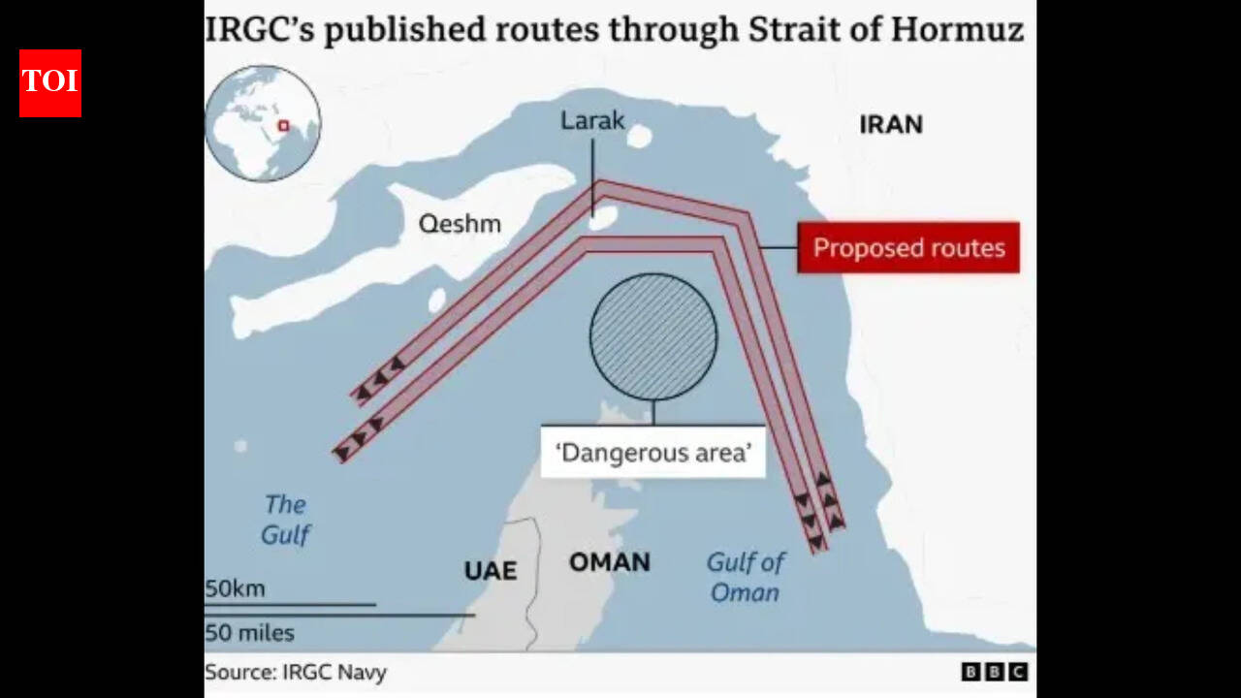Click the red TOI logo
50,83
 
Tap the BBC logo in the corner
995,672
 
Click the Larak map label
592,121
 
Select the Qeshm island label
460,224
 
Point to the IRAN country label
890,124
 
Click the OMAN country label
609,562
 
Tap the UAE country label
490,570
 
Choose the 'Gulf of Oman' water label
745,577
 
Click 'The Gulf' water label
285,519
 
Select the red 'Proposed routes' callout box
908,248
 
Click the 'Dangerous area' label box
653,452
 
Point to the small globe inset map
263,123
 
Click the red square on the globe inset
284,124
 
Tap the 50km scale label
235,588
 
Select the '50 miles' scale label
249,633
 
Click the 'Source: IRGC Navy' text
296,672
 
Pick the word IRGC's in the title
258,29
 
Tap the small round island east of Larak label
639,137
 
